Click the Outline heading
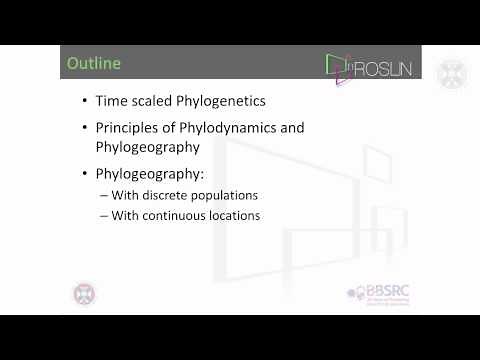coord(93,64)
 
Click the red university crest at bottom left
coord(85,295)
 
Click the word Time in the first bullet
coord(111,102)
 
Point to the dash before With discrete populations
coord(104,195)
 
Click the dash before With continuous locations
coord(104,215)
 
